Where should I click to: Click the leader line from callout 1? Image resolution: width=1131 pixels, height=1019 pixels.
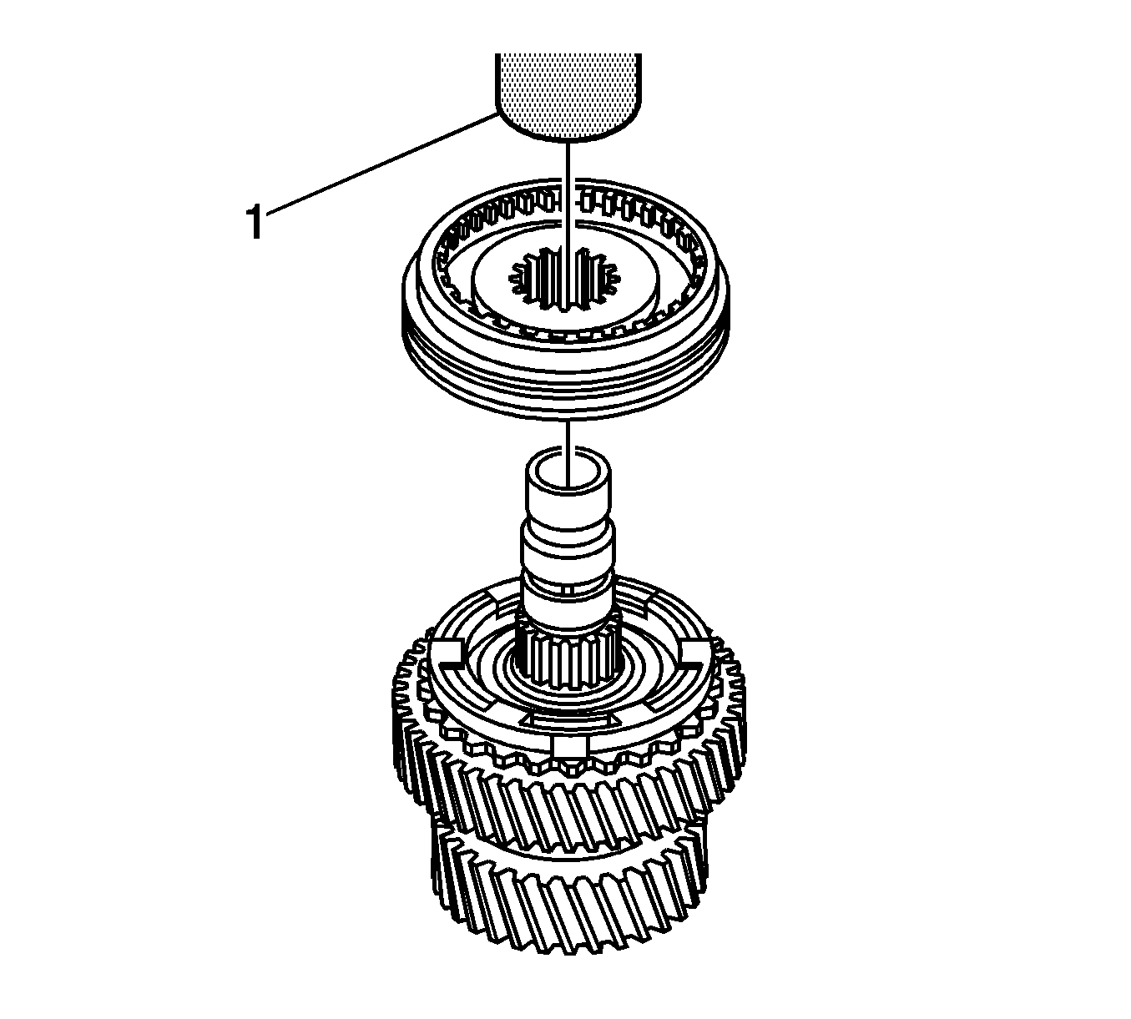[x=382, y=164]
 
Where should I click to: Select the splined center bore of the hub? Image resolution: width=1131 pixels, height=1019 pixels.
[x=566, y=278]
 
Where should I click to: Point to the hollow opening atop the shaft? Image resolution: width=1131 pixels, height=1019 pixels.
[x=568, y=468]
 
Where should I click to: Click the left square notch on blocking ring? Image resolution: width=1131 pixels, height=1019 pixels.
[x=447, y=650]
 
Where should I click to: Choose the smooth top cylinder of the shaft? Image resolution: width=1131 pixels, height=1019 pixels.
[x=568, y=485]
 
